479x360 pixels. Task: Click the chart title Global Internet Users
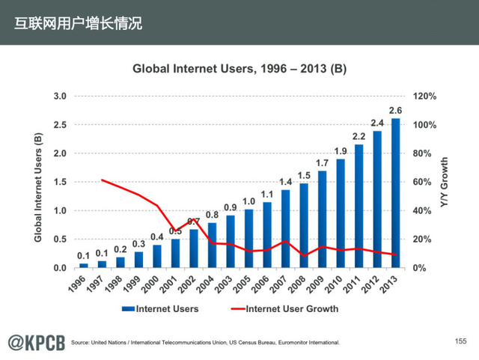(239, 69)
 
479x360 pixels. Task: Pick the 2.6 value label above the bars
(395, 111)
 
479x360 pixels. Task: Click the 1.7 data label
(322, 163)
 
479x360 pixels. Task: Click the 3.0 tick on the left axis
(60, 97)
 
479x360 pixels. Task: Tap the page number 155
(460, 341)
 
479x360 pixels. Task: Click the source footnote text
(205, 343)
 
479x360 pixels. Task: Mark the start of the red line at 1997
(102, 180)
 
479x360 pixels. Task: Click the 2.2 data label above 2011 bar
(359, 135)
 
